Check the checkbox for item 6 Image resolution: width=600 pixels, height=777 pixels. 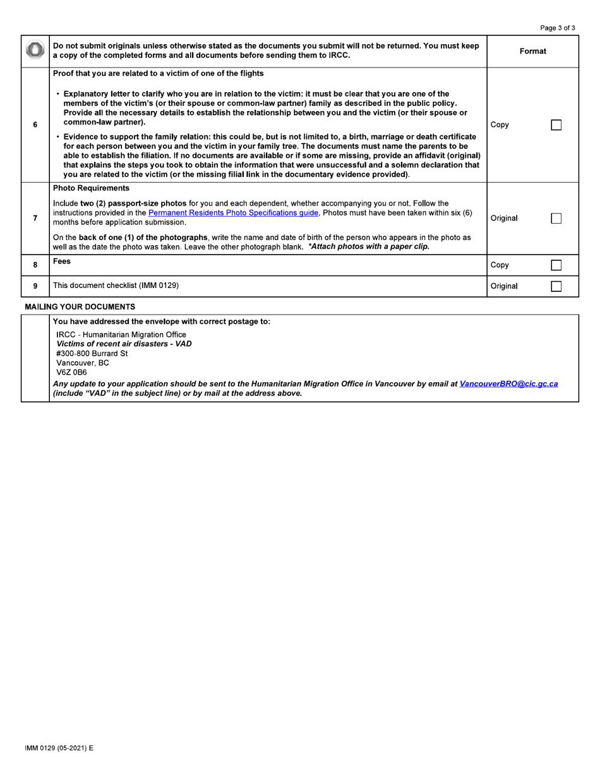(x=556, y=125)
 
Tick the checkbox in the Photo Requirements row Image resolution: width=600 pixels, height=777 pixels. (x=556, y=219)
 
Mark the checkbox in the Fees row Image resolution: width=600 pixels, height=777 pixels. (x=556, y=265)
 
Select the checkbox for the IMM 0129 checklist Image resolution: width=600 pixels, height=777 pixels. (x=556, y=286)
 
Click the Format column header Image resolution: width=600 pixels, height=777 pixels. (x=532, y=51)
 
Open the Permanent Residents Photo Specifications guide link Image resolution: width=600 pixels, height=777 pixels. (x=233, y=213)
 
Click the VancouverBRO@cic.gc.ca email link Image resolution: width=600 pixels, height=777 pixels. (x=508, y=383)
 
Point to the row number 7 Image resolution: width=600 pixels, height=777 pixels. (x=35, y=219)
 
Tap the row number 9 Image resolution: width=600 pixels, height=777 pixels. (x=35, y=286)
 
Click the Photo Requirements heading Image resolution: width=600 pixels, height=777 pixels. (x=91, y=188)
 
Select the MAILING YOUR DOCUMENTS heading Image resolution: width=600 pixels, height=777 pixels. (x=80, y=307)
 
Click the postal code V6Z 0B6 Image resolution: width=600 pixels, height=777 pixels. (x=71, y=373)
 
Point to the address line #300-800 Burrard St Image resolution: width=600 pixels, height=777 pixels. (x=92, y=354)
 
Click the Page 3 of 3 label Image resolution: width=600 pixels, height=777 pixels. (x=558, y=28)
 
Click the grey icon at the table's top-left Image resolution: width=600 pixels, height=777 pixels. (x=35, y=51)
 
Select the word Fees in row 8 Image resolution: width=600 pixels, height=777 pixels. (x=62, y=261)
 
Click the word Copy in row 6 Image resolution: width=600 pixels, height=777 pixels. (x=499, y=125)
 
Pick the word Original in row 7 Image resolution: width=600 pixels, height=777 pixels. (x=503, y=219)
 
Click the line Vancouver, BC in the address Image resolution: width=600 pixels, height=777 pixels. (x=82, y=363)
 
